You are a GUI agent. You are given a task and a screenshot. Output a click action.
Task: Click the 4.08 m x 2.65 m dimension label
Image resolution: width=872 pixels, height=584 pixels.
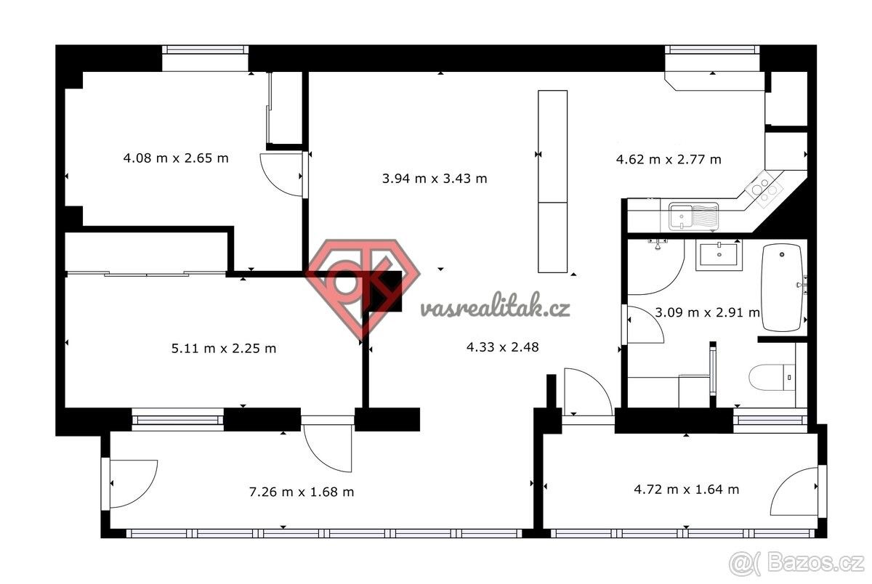[x=176, y=158]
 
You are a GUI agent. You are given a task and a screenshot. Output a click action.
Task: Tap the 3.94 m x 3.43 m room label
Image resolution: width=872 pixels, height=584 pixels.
[x=435, y=179]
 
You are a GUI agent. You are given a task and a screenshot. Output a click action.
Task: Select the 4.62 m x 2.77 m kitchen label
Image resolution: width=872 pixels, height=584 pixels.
[x=669, y=160]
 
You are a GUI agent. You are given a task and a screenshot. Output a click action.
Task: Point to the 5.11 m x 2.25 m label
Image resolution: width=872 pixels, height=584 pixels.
[x=224, y=348]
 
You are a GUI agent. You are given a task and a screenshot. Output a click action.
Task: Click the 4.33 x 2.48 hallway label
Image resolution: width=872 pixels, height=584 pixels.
[x=503, y=347]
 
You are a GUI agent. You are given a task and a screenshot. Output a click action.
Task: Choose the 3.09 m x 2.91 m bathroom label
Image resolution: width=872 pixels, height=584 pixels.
[x=707, y=312]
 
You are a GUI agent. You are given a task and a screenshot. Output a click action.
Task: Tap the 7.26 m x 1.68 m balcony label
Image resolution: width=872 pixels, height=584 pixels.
[x=302, y=492]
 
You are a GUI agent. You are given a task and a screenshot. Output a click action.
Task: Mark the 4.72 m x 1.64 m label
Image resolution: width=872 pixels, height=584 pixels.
[x=686, y=490]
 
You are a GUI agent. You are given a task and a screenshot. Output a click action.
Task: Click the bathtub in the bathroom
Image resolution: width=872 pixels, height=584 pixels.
[x=782, y=288]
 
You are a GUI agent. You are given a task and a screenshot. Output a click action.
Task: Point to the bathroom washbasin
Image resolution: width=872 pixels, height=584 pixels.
[x=719, y=255]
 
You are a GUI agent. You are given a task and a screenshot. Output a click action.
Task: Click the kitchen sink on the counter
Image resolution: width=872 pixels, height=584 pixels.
[x=693, y=216]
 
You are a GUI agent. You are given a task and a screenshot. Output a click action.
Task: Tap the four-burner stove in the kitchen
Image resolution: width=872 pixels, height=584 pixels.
[x=764, y=190]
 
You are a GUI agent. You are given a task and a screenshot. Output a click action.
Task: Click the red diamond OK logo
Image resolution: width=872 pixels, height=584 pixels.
[x=363, y=288]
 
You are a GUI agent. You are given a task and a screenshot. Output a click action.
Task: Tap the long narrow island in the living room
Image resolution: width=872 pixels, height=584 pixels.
[x=552, y=182]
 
